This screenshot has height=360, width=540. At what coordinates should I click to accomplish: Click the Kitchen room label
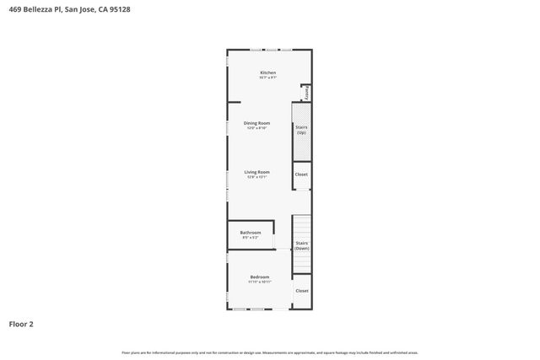(x=267, y=73)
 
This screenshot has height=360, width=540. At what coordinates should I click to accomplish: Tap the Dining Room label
(x=256, y=123)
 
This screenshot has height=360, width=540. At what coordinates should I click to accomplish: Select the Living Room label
(x=256, y=172)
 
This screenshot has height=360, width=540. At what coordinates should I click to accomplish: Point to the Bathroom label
(x=250, y=233)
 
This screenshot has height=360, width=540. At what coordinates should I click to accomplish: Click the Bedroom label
(x=259, y=277)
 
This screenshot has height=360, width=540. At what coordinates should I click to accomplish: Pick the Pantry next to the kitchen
(x=307, y=93)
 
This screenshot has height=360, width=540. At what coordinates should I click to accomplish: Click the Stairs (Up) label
(x=301, y=129)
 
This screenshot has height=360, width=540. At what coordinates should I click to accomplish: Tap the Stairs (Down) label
(x=301, y=245)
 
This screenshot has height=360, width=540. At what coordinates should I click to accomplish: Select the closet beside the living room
(x=301, y=175)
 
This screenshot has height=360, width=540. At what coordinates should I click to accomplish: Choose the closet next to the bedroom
(x=301, y=291)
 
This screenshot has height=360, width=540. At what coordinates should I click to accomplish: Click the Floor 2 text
(x=21, y=323)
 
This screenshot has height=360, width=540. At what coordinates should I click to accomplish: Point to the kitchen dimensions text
(x=267, y=78)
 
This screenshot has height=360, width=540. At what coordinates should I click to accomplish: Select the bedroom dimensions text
(x=259, y=282)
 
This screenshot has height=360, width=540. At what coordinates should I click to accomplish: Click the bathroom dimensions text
(x=250, y=238)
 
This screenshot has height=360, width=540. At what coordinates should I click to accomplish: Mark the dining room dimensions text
(x=256, y=128)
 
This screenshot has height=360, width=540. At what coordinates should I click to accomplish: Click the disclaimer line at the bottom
(x=270, y=352)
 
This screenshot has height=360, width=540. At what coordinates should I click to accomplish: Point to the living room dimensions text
(x=256, y=177)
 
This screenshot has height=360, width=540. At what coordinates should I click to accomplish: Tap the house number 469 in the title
(x=14, y=9)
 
